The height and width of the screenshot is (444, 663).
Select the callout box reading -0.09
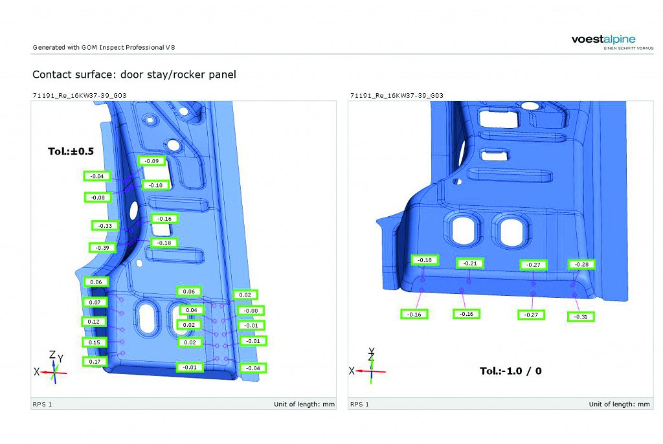152,161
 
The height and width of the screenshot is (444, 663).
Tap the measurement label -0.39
102,247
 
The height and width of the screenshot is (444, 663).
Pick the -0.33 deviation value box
105,225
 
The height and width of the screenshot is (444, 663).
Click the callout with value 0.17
95,362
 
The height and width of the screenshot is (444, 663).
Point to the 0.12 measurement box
93,322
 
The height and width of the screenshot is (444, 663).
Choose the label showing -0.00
251,311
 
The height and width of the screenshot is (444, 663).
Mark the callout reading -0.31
581,316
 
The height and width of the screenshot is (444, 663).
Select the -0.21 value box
470,263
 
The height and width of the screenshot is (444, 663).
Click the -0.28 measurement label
581,264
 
